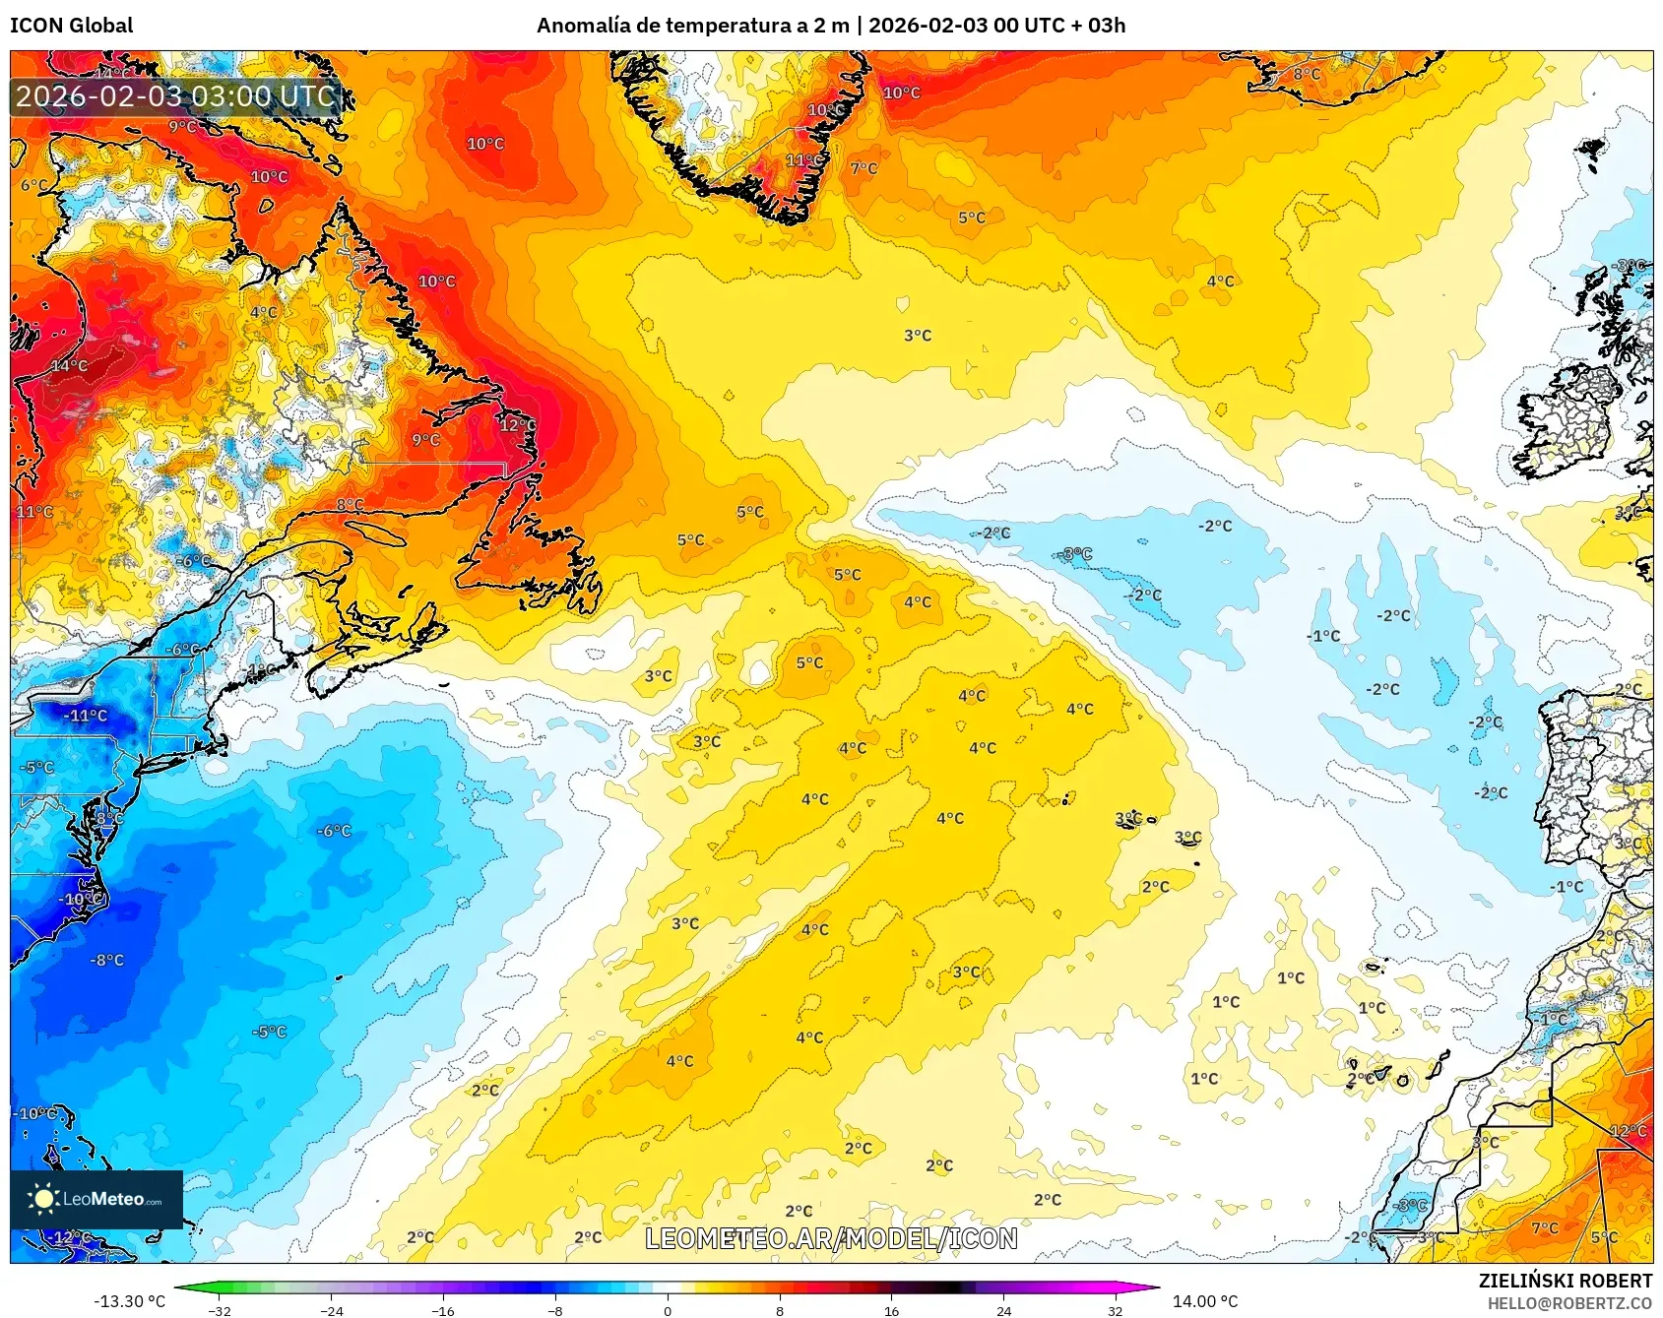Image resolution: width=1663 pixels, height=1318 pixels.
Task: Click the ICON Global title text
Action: [71, 26]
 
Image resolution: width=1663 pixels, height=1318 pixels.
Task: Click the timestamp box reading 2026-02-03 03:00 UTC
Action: [175, 96]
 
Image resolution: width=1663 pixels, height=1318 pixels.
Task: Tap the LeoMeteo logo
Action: [96, 1199]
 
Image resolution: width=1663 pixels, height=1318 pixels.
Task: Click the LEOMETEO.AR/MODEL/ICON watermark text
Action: [831, 1238]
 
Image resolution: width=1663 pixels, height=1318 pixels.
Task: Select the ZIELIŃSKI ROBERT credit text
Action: [1565, 1281]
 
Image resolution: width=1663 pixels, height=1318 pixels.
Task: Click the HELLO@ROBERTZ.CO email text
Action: [1568, 1303]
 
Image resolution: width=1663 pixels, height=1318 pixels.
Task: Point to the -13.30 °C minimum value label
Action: [129, 1301]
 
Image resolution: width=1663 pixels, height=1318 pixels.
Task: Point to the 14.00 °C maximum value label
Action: [1204, 1301]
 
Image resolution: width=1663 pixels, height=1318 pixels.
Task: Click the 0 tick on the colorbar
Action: [668, 1310]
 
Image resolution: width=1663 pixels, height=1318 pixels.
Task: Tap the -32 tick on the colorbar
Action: [220, 1310]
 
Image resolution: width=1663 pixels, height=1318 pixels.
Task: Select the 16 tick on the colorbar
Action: [891, 1310]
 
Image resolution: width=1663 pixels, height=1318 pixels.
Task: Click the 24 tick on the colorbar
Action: [1003, 1310]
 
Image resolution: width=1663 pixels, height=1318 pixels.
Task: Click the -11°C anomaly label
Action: [86, 716]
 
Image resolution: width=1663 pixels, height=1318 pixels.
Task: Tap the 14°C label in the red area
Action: [69, 366]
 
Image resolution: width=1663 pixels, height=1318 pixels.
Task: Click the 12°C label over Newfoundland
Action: [517, 425]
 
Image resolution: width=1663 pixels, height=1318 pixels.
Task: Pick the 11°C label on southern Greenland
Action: [804, 160]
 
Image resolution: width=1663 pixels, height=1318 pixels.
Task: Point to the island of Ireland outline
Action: [1566, 418]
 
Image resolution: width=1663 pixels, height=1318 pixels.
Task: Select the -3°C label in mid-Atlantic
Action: [1077, 554]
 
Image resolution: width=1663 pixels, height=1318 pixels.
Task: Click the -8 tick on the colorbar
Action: [555, 1310]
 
